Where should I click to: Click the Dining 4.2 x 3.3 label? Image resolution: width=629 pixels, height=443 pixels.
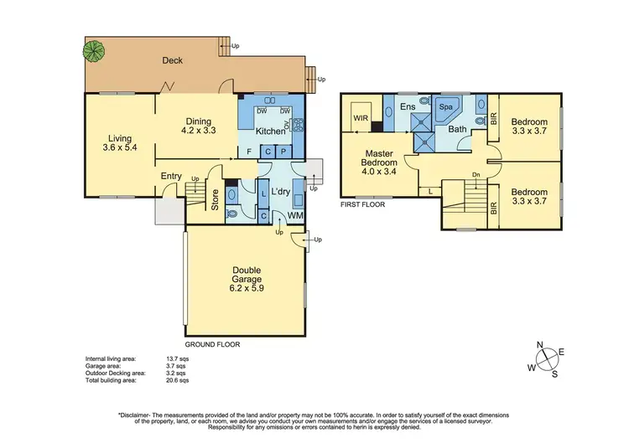coord(199,126)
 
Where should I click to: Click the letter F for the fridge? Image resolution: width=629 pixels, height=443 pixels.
coord(249,151)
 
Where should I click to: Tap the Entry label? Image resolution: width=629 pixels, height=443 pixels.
coord(172,176)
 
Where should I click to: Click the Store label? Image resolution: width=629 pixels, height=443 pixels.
coord(216,202)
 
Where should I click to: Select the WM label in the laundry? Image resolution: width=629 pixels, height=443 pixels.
coord(295,216)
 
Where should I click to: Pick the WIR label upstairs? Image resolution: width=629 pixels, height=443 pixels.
coord(362,118)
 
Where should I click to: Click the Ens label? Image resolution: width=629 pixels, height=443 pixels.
coord(408,107)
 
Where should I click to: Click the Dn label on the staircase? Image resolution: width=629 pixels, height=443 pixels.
coord(476,175)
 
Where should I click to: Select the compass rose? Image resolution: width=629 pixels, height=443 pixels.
coord(546,359)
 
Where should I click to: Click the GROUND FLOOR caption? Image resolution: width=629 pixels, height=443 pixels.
coord(212,344)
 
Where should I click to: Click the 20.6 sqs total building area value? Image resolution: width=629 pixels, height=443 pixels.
coord(179,380)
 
